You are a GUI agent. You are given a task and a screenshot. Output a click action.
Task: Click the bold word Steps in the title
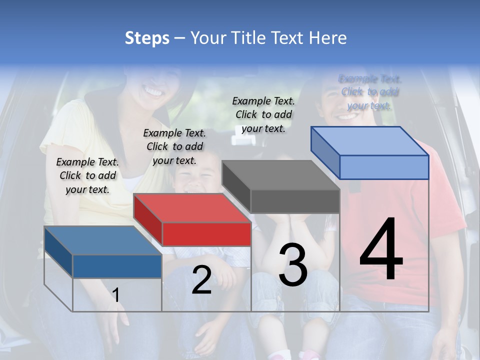tap(147, 38)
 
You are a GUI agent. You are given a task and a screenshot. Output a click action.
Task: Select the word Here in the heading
tap(327, 38)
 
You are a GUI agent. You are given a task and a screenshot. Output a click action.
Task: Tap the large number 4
tap(381, 250)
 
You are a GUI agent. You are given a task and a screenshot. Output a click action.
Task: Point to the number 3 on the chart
tap(292, 265)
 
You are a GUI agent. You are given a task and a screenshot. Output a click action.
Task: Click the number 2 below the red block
tap(201, 280)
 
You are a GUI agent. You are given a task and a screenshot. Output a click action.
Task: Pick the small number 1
tap(116, 295)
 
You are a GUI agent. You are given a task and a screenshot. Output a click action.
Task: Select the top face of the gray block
tap(280, 175)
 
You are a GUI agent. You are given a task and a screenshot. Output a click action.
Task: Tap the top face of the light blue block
tap(369, 141)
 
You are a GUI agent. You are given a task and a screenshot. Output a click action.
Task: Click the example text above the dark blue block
tap(87, 175)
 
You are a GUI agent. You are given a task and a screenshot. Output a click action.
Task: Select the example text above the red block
tap(174, 146)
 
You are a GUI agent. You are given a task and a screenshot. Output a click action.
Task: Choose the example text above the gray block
tap(263, 114)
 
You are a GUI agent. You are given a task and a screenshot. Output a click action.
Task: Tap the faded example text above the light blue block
tap(370, 92)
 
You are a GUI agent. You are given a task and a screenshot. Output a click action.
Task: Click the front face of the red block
tap(206, 234)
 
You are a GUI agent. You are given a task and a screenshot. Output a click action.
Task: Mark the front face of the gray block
tap(295, 201)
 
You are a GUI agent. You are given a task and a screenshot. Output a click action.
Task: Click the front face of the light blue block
tap(384, 167)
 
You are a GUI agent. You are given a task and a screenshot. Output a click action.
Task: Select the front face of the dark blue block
tap(117, 266)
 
